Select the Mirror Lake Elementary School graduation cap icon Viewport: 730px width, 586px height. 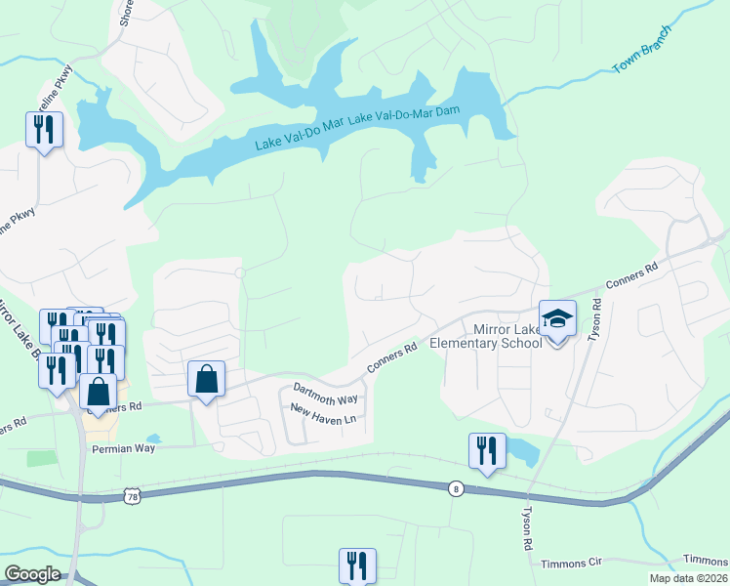click(557, 319)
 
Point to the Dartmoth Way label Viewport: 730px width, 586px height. click(326, 395)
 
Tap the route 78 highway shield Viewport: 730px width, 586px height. click(133, 497)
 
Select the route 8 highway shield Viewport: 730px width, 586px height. click(455, 488)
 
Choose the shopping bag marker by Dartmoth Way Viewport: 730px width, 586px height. click(207, 380)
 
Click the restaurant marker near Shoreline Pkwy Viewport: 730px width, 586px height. click(44, 130)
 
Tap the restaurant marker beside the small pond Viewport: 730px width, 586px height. click(487, 451)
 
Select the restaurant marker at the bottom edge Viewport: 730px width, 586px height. click(357, 565)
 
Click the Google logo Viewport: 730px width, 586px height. click(32, 574)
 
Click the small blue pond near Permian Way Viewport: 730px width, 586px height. click(153, 439)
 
